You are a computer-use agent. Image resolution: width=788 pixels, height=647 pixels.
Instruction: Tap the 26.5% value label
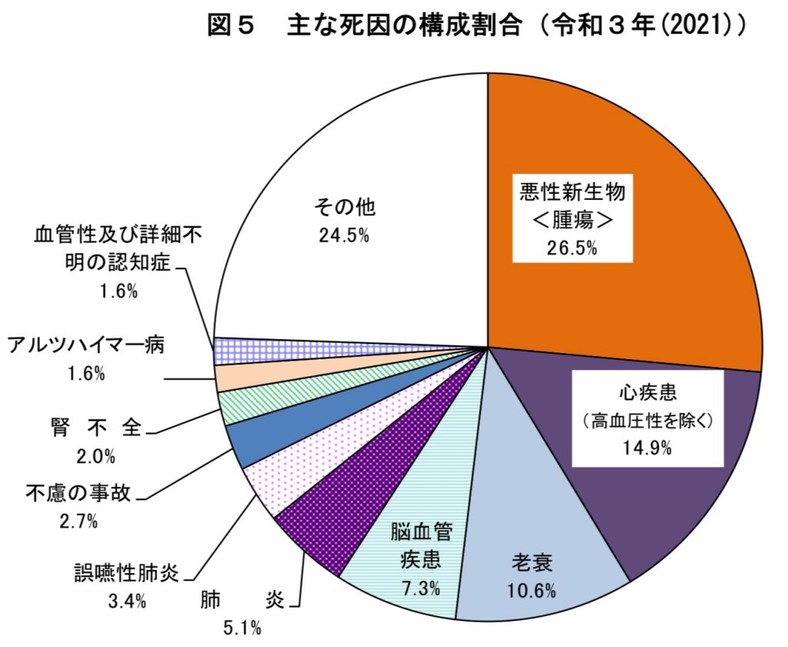point(572,248)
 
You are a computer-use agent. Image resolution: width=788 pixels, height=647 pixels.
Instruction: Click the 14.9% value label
point(647,447)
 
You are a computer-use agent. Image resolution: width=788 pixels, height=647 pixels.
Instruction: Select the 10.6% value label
point(531,591)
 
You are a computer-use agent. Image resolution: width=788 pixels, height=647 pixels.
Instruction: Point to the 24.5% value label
point(344,235)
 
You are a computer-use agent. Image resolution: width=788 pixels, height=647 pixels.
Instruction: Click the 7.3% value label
point(421,589)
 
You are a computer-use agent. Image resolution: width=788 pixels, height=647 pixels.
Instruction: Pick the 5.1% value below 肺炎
point(242,629)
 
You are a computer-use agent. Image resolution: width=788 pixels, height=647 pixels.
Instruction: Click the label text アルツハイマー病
point(85,345)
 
